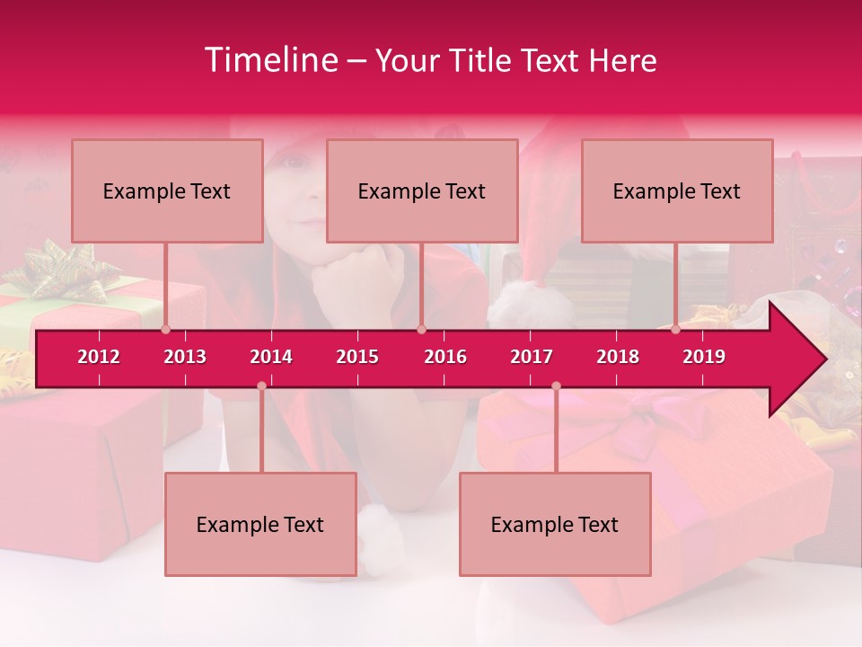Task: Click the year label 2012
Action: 99,357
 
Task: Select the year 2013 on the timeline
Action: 185,357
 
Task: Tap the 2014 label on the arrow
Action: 271,357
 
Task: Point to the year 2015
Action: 357,357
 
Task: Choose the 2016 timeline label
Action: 445,357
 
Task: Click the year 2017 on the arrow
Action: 532,357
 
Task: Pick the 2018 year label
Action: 618,357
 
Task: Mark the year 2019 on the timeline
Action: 704,357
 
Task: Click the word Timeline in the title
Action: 269,60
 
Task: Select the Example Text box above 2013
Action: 167,191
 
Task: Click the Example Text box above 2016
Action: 422,191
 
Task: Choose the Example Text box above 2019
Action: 677,191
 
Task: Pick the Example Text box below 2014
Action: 260,524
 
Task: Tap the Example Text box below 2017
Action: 555,524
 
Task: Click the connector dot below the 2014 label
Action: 261,386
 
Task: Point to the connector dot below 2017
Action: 556,386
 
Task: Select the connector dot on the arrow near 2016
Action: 421,329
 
